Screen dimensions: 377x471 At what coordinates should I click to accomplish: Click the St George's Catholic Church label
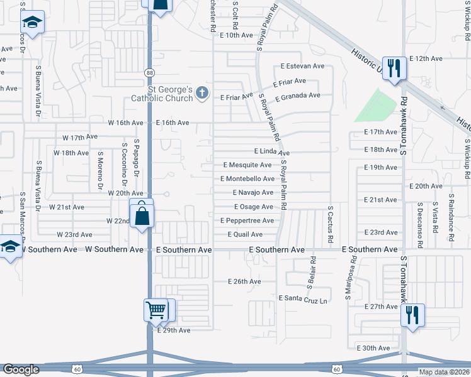point(164,94)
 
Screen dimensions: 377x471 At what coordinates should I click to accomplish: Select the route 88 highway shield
point(149,73)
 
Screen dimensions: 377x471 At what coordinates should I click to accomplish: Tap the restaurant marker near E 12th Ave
point(395,67)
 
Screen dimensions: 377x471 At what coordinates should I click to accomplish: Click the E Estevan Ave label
point(302,66)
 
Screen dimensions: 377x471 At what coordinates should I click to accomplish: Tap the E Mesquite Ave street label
point(247,165)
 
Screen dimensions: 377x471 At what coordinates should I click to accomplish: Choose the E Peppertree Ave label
point(247,221)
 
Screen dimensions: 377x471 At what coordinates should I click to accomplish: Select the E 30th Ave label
point(373,347)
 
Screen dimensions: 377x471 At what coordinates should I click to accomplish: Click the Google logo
point(21,369)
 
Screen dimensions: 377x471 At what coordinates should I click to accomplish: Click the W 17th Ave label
point(80,137)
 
